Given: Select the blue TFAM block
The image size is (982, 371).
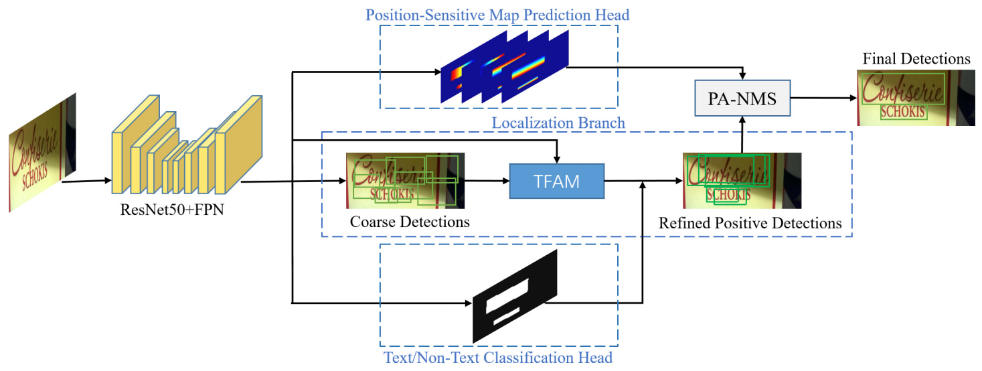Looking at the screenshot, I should click(x=556, y=181).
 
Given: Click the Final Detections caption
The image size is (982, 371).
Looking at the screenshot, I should click(x=916, y=59).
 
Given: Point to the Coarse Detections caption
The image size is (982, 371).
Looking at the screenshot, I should click(x=409, y=222).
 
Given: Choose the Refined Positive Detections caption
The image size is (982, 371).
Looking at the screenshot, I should click(x=750, y=223).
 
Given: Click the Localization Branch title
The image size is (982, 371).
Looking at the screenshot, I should click(x=558, y=123).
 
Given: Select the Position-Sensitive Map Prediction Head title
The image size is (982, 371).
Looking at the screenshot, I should click(x=497, y=14).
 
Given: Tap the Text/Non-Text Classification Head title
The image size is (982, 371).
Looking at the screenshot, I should click(x=497, y=358).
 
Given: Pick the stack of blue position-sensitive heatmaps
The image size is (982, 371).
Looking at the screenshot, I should click(x=504, y=67).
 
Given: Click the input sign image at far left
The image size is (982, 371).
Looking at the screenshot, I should click(x=42, y=153).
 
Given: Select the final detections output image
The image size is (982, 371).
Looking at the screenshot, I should click(x=912, y=98).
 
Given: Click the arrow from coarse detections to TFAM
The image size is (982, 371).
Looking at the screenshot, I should click(x=487, y=181).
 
